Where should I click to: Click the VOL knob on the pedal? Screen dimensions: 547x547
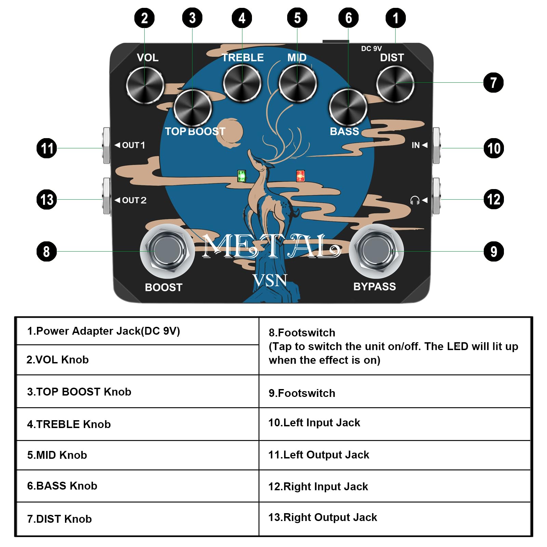pos(145,85)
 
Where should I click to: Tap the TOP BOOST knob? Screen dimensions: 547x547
pos(192,108)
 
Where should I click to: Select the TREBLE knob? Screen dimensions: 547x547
pos(242,83)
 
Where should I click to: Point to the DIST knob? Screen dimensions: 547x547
pos(395,84)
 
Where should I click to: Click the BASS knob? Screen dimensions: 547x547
pos(348,107)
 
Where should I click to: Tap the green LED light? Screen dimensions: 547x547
pos(242,176)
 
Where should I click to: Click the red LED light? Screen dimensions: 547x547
pos(301,176)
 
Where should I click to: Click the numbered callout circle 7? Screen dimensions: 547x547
pos(493,82)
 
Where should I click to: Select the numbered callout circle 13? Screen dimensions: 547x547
pos(47,199)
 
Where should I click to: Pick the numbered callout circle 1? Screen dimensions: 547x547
pos(396,18)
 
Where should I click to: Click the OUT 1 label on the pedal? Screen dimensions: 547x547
pos(130,145)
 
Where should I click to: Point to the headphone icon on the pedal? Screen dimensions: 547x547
pos(415,200)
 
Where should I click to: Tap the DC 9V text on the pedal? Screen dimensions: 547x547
pos(371,49)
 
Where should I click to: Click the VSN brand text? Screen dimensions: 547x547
pos(270,281)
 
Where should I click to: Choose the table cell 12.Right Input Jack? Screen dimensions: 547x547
pos(395,486)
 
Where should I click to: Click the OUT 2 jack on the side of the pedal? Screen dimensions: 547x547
pos(106,196)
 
